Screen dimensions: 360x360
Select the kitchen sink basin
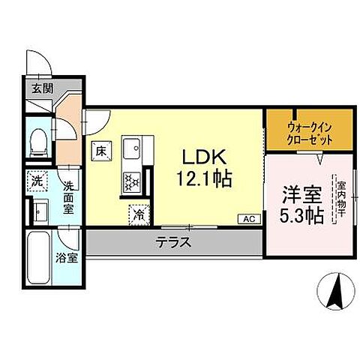pos(132,146)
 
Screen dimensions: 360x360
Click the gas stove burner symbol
pos(132,181)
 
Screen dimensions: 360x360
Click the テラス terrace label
pos(173,242)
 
